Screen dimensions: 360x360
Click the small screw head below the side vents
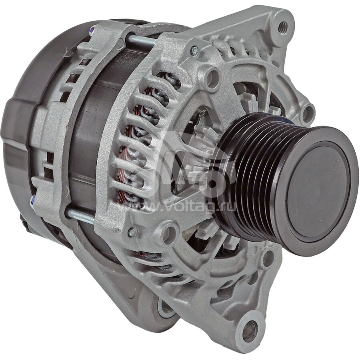tap(132, 232)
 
